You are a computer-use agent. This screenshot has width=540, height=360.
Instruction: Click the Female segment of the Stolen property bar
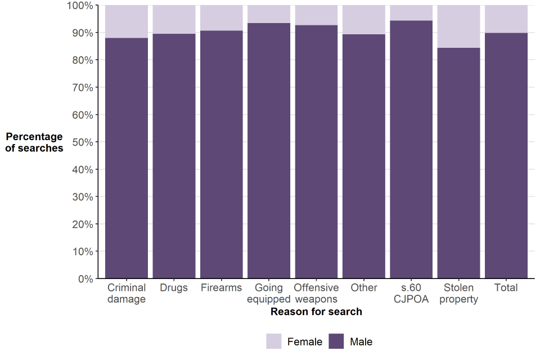(x=458, y=26)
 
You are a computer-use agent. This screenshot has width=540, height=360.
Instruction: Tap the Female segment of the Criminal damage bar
(x=127, y=21)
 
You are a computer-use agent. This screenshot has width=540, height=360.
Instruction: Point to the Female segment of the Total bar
(x=506, y=19)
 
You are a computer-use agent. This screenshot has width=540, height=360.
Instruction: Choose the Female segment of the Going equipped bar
(x=269, y=14)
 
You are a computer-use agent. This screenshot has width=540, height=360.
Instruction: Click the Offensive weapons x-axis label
(x=316, y=293)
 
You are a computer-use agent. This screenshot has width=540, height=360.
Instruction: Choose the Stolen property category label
(x=458, y=293)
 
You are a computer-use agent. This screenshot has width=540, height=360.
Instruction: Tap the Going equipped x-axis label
(x=269, y=293)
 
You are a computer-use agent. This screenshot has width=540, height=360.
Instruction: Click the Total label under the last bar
(x=506, y=287)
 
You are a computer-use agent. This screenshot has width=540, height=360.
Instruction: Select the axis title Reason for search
(x=316, y=312)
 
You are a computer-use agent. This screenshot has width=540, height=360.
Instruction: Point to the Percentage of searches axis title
(x=34, y=142)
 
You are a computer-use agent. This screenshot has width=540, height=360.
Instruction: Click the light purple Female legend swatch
(x=274, y=341)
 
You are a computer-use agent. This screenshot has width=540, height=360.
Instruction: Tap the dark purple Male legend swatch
(x=336, y=341)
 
